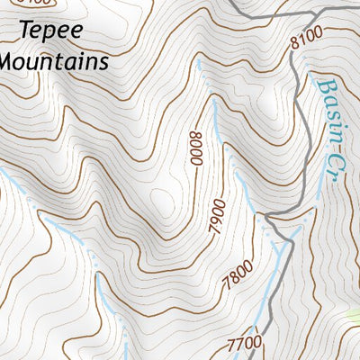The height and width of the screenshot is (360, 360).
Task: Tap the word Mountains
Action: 54,62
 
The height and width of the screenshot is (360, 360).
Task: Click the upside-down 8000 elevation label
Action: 196,147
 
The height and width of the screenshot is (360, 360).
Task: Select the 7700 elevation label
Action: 245,342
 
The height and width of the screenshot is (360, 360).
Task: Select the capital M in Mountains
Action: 8,62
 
